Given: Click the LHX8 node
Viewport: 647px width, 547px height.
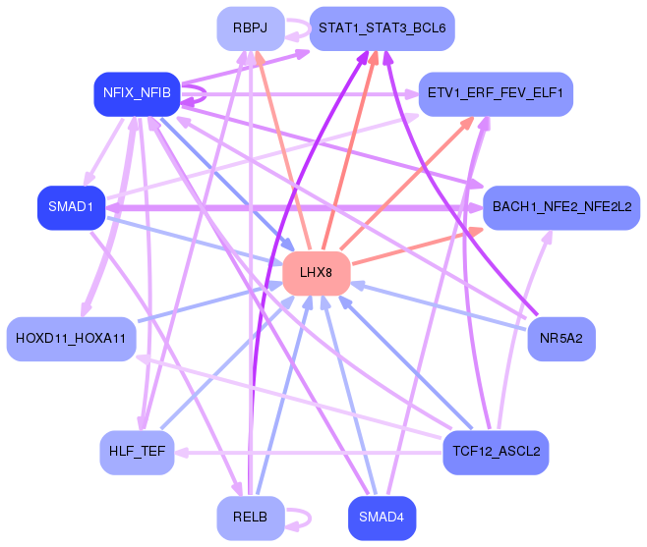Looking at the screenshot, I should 317,272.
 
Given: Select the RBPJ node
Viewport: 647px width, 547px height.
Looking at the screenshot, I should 251,27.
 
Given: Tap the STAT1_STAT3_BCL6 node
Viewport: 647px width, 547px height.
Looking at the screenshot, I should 382,27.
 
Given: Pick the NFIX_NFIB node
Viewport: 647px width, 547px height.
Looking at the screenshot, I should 137,93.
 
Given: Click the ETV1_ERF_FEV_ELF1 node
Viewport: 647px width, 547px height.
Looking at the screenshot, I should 496,93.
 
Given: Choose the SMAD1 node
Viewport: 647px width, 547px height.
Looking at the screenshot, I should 71,207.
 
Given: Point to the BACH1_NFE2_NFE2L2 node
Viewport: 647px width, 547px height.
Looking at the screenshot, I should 561,207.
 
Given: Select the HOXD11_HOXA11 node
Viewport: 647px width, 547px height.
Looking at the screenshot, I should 71,339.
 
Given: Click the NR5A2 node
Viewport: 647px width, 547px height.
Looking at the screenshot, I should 561,339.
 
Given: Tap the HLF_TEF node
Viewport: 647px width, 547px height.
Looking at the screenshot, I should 137,453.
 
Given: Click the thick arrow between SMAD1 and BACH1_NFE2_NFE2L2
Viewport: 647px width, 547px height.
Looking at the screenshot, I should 295,207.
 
